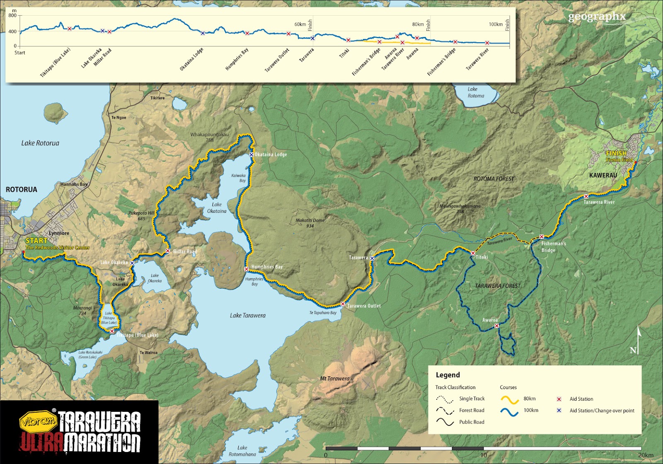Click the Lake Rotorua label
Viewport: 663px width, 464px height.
pyautogui.click(x=40, y=143)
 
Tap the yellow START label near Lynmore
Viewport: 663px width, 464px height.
pyautogui.click(x=36, y=240)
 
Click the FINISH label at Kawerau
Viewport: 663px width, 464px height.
pyautogui.click(x=616, y=153)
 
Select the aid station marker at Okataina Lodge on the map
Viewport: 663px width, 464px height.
pyautogui.click(x=251, y=155)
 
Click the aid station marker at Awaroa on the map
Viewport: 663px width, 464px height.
pyautogui.click(x=496, y=326)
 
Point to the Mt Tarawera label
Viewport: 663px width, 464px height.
pyautogui.click(x=334, y=378)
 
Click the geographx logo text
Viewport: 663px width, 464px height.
pyautogui.click(x=597, y=17)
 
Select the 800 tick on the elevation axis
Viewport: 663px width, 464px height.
pyautogui.click(x=12, y=16)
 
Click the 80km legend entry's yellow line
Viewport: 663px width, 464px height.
pyautogui.click(x=510, y=400)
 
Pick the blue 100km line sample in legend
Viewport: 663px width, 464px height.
pyautogui.click(x=510, y=412)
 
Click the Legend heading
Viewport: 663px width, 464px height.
pyautogui.click(x=448, y=375)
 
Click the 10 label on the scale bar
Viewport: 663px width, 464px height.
pyautogui.click(x=483, y=455)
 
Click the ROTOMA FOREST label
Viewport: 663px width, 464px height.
pyautogui.click(x=494, y=179)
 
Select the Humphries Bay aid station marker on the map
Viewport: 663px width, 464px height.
pyautogui.click(x=246, y=269)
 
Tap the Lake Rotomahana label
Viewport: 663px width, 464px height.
pyautogui.click(x=242, y=451)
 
